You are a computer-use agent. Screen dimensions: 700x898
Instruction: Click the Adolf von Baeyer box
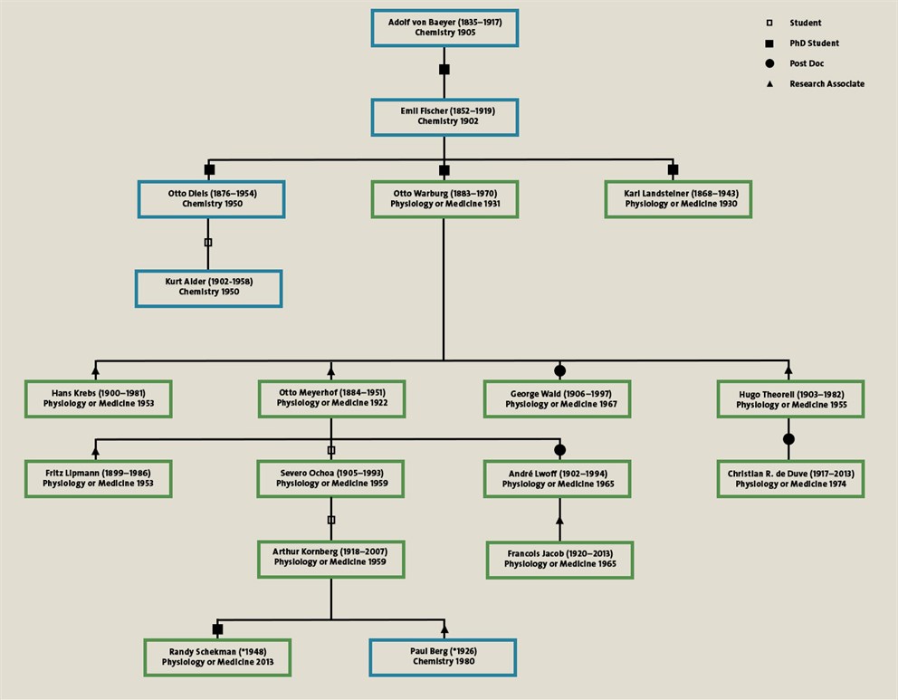point(444,27)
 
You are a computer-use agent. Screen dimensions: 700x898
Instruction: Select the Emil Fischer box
point(444,117)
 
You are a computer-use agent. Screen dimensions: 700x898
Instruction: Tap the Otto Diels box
point(211,198)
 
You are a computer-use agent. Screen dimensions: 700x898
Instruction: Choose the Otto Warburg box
point(444,198)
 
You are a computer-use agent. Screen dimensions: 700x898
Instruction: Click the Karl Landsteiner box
point(678,198)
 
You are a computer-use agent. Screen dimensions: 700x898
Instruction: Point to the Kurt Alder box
point(208,287)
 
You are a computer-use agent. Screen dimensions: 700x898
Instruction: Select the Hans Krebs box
point(98,398)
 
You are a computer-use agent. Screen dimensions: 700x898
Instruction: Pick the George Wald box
point(557,398)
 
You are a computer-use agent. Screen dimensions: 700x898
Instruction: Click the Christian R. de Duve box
point(790,478)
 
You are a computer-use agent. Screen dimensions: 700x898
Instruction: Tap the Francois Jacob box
point(559,559)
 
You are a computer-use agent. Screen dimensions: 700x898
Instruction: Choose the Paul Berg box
point(443,657)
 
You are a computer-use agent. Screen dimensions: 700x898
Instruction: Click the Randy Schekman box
point(217,657)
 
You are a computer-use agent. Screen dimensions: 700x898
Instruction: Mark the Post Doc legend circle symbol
point(769,63)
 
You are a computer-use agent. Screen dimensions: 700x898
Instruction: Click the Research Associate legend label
point(826,84)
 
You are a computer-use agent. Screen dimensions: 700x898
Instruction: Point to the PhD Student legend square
point(769,43)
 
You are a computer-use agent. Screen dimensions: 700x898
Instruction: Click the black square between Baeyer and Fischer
point(444,70)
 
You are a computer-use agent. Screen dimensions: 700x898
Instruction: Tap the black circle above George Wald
point(559,370)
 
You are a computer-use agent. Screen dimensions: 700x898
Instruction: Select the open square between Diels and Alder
point(208,243)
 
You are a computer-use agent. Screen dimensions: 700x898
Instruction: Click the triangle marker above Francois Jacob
point(559,522)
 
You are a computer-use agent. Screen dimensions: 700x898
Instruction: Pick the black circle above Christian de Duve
point(788,439)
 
